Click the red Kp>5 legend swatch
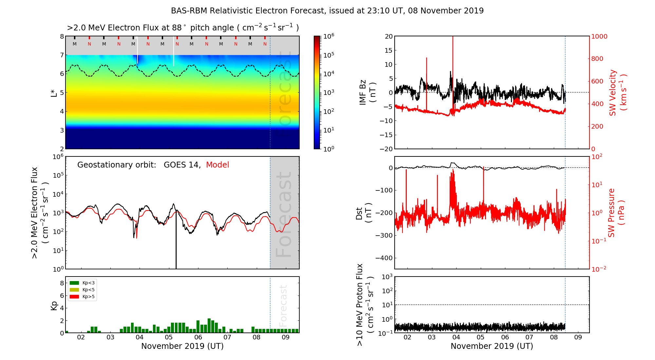click(74, 297)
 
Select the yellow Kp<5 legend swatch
click(74, 290)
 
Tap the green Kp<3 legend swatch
click(74, 283)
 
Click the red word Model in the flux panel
click(217, 165)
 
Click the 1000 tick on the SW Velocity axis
click(599, 36)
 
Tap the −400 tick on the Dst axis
click(384, 258)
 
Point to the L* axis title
click(54, 93)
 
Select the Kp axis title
click(54, 305)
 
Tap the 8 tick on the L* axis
click(62, 36)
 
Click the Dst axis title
click(364, 213)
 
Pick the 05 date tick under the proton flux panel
click(480, 337)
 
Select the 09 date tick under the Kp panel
click(286, 337)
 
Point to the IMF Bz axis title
click(367, 93)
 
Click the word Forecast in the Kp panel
click(283, 305)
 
